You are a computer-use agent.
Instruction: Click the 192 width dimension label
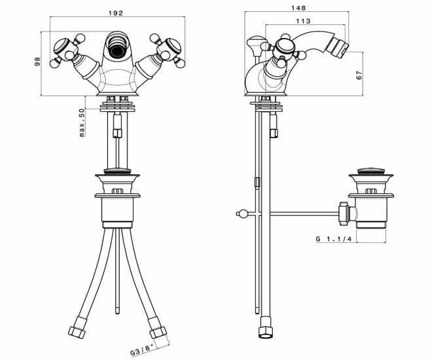click(115, 13)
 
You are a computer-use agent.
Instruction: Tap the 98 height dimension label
click(37, 61)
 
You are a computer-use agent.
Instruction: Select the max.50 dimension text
click(82, 122)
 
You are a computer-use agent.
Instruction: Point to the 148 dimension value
click(298, 8)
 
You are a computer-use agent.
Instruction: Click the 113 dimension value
click(303, 21)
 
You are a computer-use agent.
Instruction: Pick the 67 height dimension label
click(359, 75)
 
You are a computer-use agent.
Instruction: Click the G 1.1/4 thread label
click(334, 239)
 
